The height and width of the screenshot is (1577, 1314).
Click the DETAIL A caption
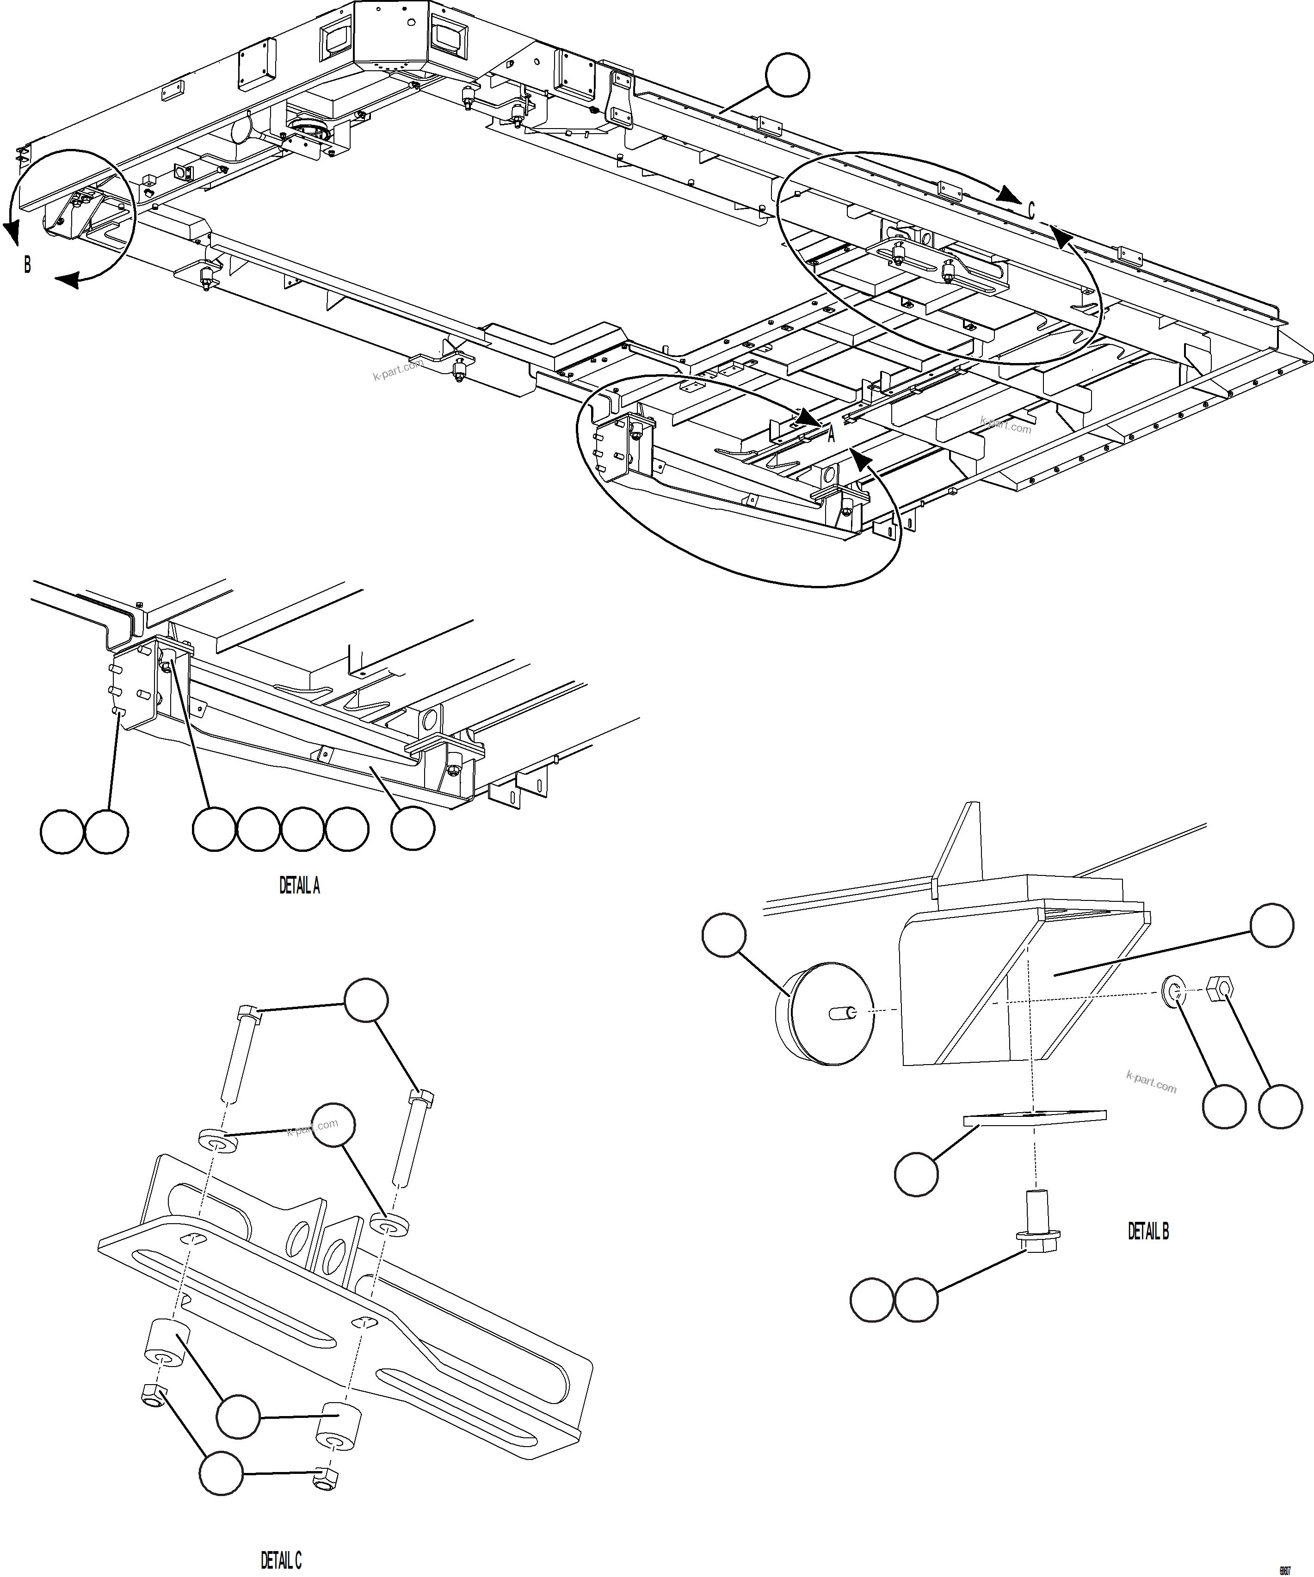pos(300,886)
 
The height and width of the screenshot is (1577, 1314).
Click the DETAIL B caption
pos(1148,1232)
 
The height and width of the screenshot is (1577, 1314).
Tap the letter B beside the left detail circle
pos(27,265)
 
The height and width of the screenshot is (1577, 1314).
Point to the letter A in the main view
pos(831,435)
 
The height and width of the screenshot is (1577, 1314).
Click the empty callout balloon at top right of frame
pos(787,75)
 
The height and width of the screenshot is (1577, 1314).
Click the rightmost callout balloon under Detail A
pos(412,829)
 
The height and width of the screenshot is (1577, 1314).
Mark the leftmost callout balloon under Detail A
pos(62,831)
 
